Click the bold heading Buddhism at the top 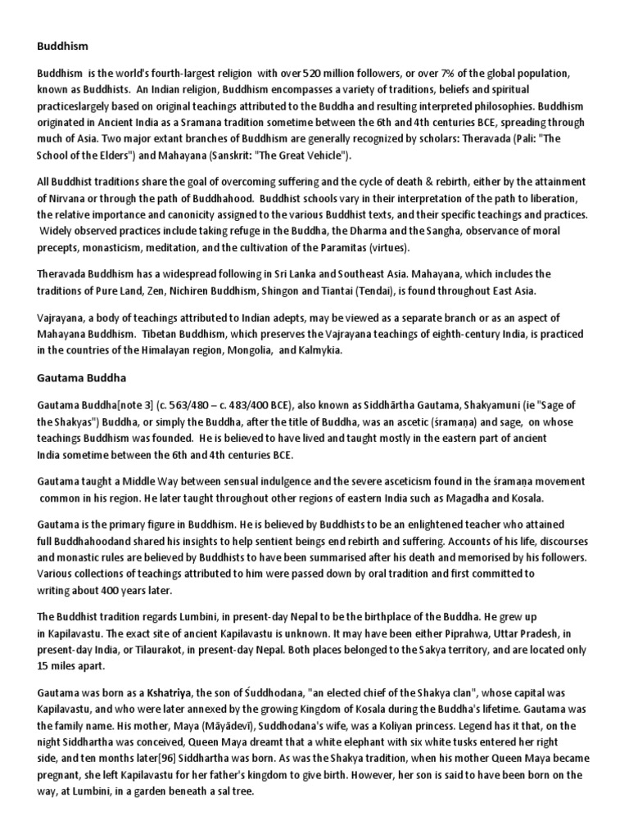coord(62,47)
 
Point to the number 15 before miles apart coord(43,665)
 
